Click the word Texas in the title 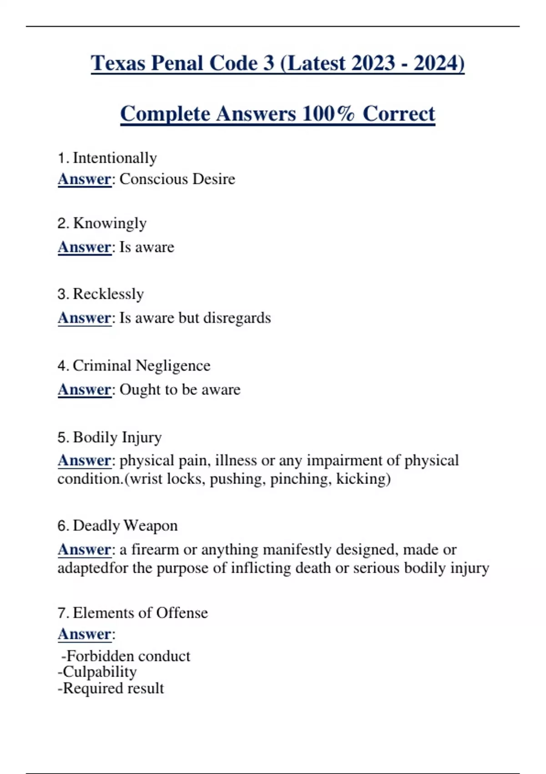[x=118, y=63]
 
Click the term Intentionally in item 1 [x=115, y=158]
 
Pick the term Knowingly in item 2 [x=110, y=224]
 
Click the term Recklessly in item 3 [x=108, y=294]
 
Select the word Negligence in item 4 [x=173, y=366]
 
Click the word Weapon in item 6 [x=150, y=525]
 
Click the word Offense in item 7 [x=182, y=613]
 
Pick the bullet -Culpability [x=97, y=672]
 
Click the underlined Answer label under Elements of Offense [x=85, y=634]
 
